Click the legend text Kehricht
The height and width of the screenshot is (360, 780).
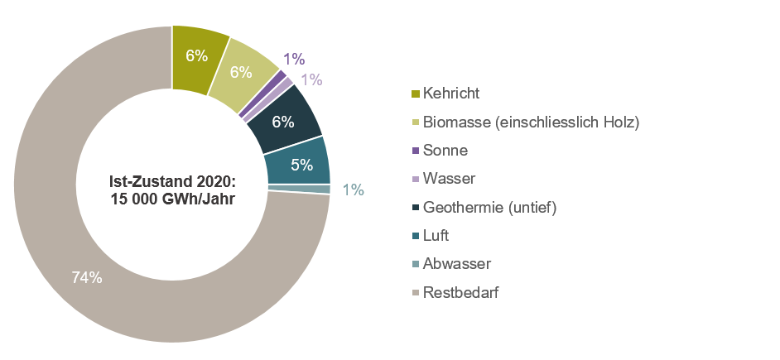451,94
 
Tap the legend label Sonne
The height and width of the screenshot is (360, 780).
445,151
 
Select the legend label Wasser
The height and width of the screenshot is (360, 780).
449,179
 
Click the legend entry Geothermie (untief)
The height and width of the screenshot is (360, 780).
489,207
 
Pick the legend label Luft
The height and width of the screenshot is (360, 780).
436,236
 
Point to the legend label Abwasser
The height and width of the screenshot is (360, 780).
457,264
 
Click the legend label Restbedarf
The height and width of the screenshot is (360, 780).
460,292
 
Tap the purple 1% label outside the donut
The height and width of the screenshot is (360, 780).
294,59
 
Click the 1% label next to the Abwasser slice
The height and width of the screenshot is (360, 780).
354,190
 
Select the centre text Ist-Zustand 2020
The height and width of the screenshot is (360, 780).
172,181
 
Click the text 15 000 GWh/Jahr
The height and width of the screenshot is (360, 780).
172,199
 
